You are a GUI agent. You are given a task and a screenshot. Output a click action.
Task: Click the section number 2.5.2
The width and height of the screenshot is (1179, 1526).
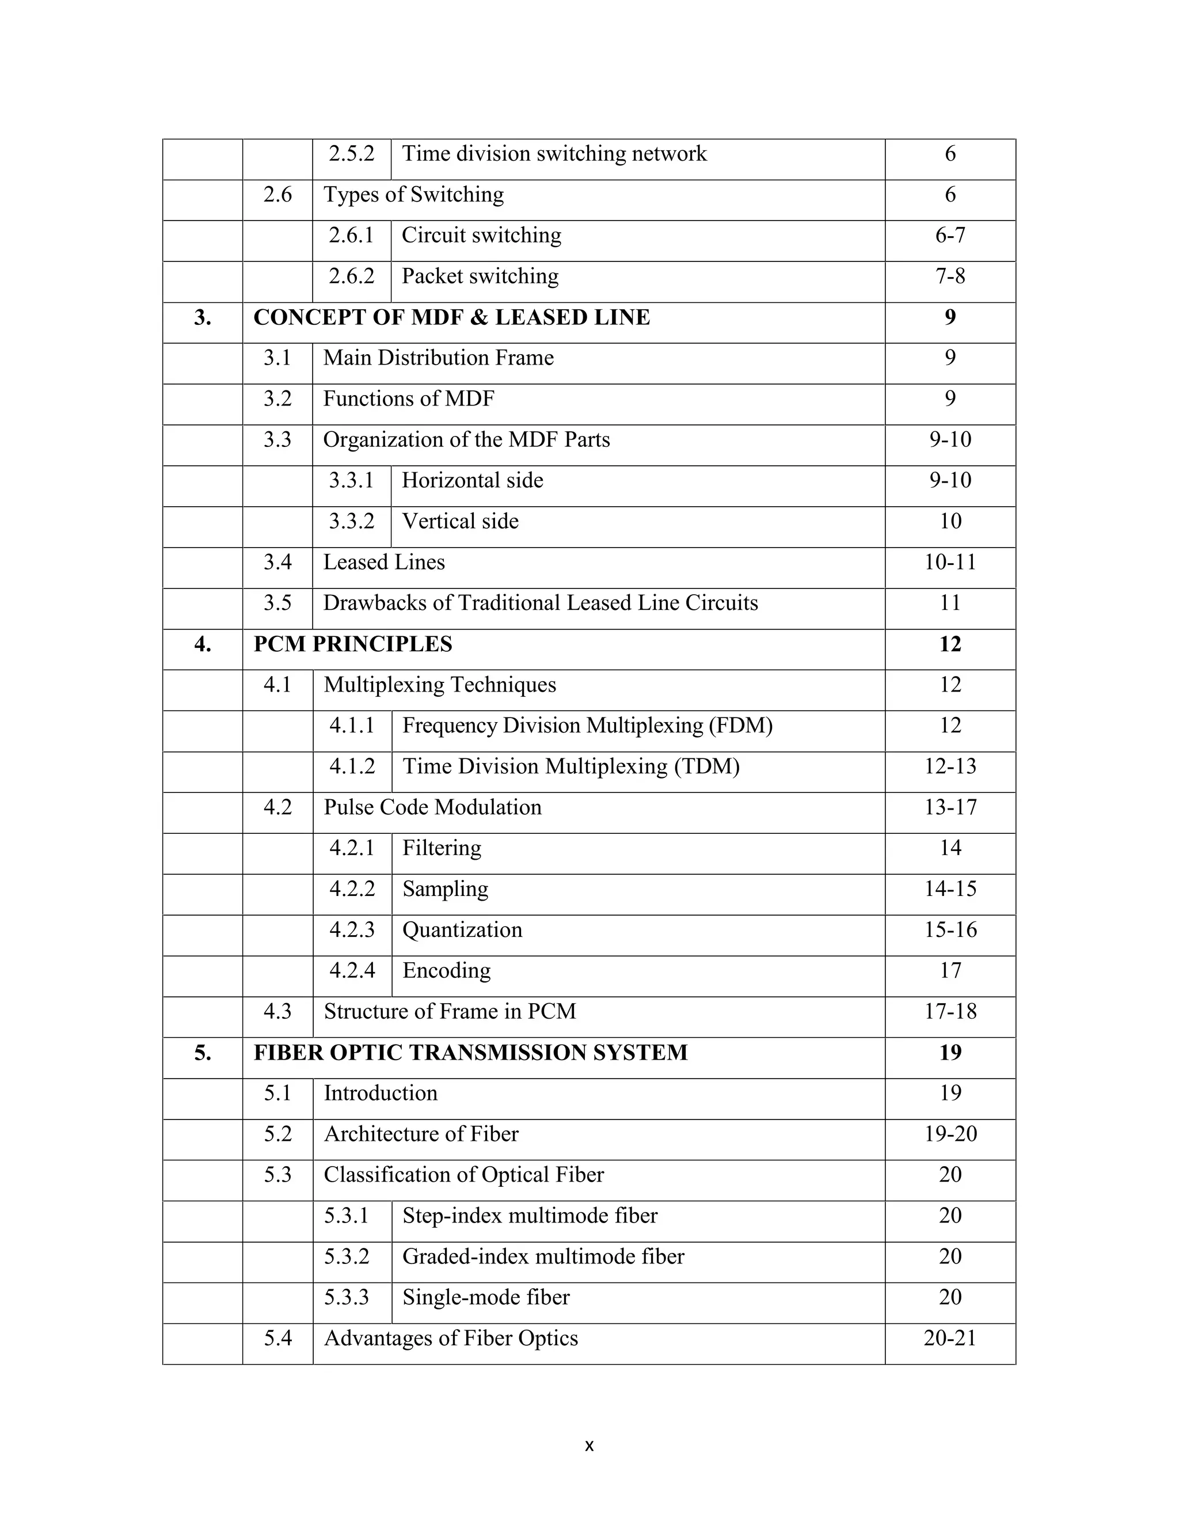pyautogui.click(x=351, y=154)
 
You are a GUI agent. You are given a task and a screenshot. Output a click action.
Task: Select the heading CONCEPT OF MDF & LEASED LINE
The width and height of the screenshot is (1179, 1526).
pyautogui.click(x=451, y=317)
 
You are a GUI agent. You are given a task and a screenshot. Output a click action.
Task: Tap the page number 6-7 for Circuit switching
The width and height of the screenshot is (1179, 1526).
pyautogui.click(x=950, y=236)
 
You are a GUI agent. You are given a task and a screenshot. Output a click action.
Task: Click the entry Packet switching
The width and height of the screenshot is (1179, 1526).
pyautogui.click(x=480, y=276)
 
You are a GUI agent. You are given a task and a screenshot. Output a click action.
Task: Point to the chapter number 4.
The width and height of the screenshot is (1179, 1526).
pyautogui.click(x=203, y=644)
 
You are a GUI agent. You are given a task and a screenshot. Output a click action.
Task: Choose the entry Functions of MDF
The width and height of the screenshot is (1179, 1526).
pyautogui.click(x=409, y=399)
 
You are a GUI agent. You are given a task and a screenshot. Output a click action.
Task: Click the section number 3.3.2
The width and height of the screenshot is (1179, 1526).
pyautogui.click(x=351, y=521)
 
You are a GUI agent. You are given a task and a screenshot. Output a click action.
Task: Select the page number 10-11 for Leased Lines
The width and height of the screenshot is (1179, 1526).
pyautogui.click(x=950, y=563)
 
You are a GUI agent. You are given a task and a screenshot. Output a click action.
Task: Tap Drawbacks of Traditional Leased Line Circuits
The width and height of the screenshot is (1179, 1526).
pyautogui.click(x=540, y=603)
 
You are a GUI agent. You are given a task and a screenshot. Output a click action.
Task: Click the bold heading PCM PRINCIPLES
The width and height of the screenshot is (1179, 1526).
pyautogui.click(x=353, y=644)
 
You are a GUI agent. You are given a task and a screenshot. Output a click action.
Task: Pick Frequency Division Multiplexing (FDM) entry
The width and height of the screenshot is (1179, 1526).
pyautogui.click(x=587, y=726)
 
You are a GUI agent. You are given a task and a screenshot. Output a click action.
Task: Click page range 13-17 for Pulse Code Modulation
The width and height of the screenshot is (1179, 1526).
pyautogui.click(x=950, y=808)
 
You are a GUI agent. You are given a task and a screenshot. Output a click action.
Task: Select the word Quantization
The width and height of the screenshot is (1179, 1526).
pyautogui.click(x=462, y=930)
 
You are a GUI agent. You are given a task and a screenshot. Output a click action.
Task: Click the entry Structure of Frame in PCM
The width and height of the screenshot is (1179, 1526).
pyautogui.click(x=450, y=1012)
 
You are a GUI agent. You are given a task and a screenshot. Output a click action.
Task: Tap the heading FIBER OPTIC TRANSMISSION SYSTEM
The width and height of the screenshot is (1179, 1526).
pyautogui.click(x=470, y=1053)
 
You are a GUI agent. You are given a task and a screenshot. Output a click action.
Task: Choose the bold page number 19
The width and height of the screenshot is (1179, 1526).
pyautogui.click(x=950, y=1053)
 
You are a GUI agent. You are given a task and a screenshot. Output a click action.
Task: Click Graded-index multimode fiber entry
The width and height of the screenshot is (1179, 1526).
pyautogui.click(x=543, y=1257)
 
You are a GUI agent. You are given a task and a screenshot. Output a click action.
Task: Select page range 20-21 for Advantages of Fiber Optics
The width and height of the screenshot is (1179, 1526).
pyautogui.click(x=950, y=1339)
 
